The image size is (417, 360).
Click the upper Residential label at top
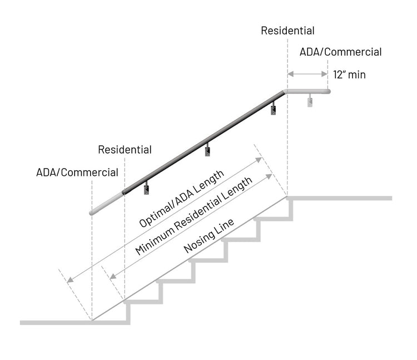(287, 31)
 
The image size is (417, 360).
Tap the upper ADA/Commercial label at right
(340, 52)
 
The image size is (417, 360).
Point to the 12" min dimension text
(349, 75)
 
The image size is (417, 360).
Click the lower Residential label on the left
(125, 150)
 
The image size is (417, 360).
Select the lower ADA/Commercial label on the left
(77, 172)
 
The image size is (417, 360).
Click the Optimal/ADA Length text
(181, 199)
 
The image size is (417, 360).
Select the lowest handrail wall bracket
(147, 189)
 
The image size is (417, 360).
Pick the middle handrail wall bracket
(207, 149)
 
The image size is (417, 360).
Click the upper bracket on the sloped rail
(274, 109)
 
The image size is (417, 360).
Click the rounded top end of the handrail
(327, 91)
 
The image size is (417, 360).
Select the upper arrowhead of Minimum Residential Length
(270, 176)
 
